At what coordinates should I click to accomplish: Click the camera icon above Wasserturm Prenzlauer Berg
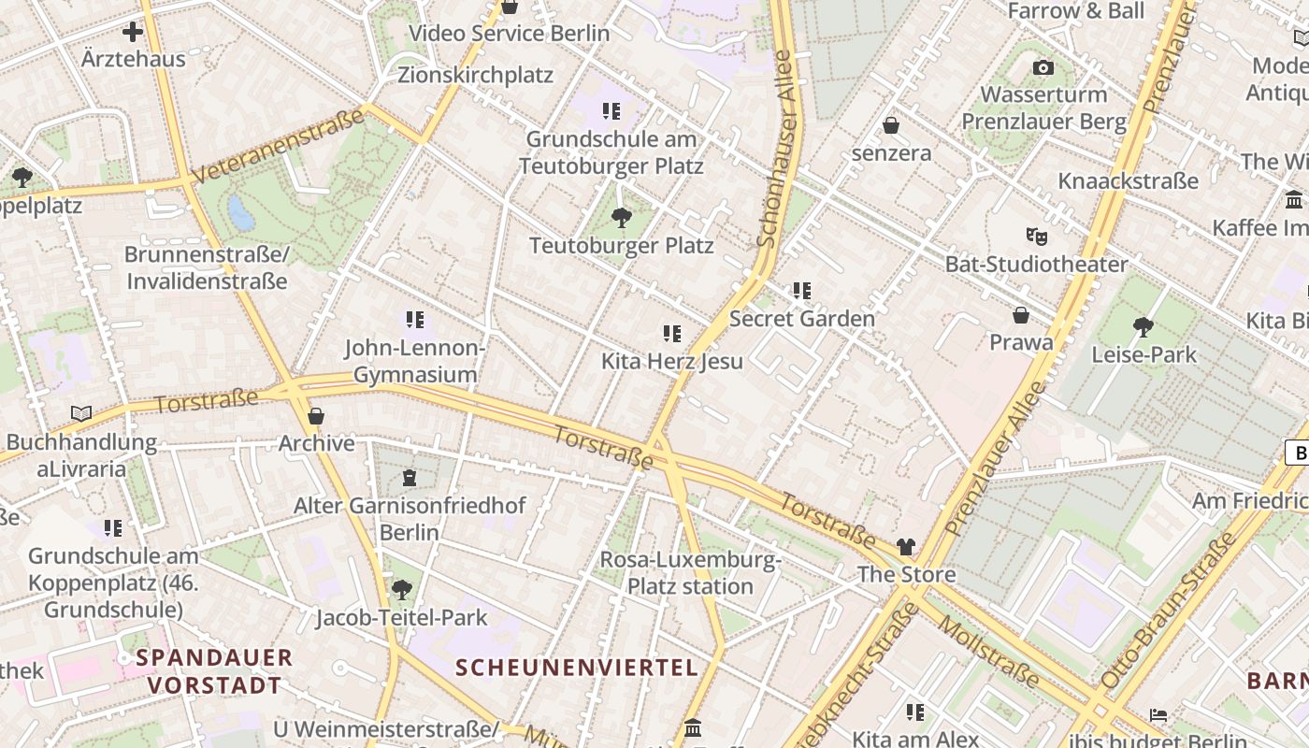point(1043,67)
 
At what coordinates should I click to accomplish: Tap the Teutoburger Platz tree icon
point(620,219)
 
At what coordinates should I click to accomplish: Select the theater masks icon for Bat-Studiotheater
point(1035,236)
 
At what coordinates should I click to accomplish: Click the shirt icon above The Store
point(906,547)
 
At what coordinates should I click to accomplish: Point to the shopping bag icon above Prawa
point(1021,315)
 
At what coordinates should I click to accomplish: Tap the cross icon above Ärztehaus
point(133,32)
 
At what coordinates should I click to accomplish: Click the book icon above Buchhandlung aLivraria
point(81,413)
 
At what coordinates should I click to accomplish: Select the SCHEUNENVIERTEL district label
point(577,668)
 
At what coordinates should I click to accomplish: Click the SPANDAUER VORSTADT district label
point(214,670)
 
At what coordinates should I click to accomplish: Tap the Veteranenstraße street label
point(278,147)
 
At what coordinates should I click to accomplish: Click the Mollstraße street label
point(988,652)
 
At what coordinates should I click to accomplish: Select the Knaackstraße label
point(1128,180)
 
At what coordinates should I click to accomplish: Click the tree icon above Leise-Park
point(1143,326)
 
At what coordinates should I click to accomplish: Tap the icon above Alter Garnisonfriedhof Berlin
point(409,478)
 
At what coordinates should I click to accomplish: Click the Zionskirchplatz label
point(475,75)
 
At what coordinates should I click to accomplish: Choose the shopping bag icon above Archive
point(316,416)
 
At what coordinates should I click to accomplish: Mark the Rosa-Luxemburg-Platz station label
point(690,573)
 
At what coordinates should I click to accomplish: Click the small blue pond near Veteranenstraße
point(241,213)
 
